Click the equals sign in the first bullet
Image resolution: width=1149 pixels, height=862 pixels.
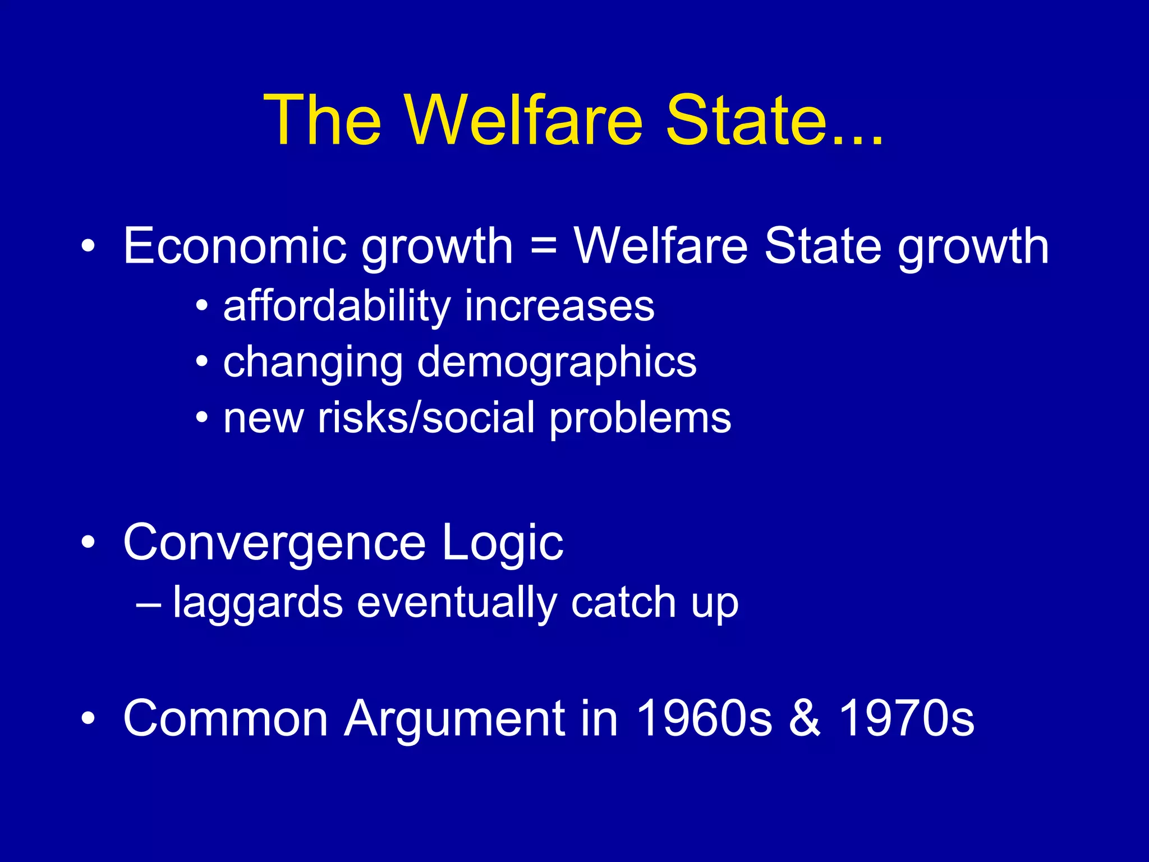543,247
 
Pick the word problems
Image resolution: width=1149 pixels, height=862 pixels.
640,419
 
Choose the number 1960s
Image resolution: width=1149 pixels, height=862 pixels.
705,718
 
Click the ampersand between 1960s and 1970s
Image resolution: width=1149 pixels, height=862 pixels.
805,718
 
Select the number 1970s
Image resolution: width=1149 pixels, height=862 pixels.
907,718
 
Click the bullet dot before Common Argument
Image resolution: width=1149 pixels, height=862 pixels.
88,719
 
